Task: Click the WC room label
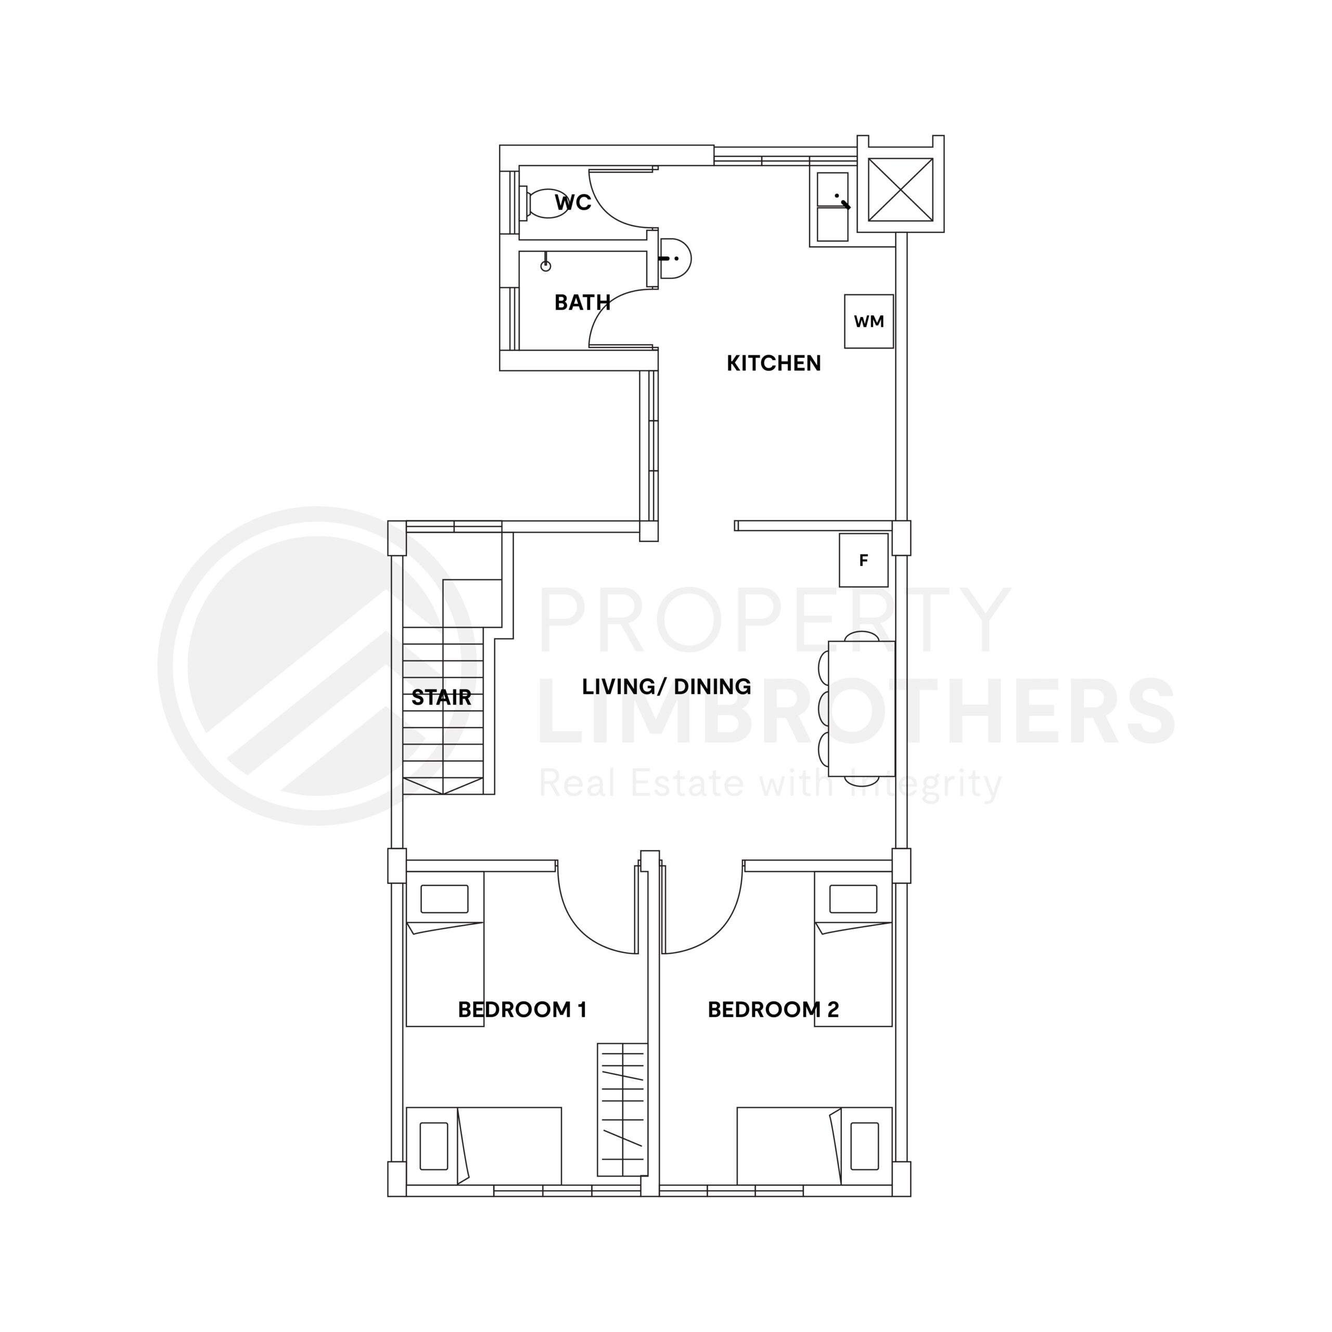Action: click(573, 203)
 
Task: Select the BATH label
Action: click(583, 303)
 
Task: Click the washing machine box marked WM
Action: click(869, 321)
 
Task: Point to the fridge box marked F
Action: click(863, 560)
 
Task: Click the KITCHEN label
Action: click(774, 363)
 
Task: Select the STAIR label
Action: click(441, 698)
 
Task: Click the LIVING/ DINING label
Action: click(666, 687)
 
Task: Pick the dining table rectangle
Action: click(861, 709)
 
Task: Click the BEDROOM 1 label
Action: click(522, 1010)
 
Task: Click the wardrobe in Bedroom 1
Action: click(623, 1109)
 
